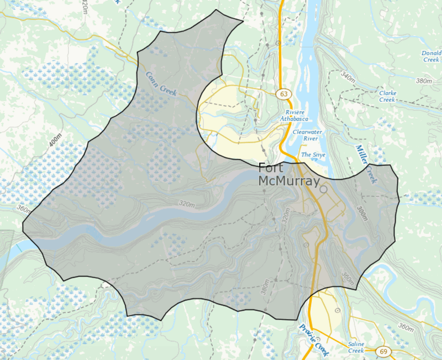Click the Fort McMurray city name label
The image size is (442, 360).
[289, 174]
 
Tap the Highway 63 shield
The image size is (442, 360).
[284, 94]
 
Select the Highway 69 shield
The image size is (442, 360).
[382, 351]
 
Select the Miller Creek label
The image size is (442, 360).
[365, 164]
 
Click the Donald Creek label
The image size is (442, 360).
[428, 56]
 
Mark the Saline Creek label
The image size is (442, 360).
[356, 347]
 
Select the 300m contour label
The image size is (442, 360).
[362, 213]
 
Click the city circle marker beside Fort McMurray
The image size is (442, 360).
[323, 189]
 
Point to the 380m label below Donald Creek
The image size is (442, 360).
[424, 81]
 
